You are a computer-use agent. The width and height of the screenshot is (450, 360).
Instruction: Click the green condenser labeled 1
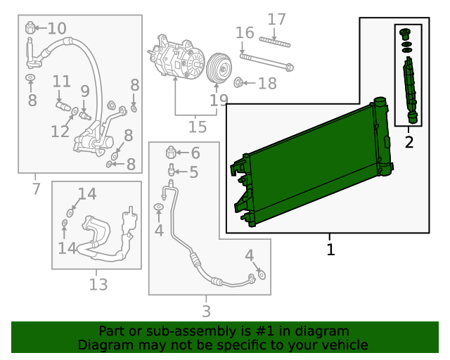pyautogui.click(x=309, y=165)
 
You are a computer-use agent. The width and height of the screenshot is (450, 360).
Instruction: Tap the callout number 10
pyautogui.click(x=56, y=29)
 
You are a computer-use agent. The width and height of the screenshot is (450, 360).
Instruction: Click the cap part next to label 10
pyautogui.click(x=31, y=27)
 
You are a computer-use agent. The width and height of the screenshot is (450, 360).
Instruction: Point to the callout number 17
pyautogui.click(x=277, y=19)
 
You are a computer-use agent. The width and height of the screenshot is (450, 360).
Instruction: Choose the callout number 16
pyautogui.click(x=245, y=33)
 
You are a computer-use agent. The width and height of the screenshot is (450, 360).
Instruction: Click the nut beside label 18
pyautogui.click(x=238, y=84)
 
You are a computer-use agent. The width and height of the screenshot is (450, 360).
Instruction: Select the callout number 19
pyautogui.click(x=219, y=100)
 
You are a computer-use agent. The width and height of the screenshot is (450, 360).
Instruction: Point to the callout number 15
pyautogui.click(x=198, y=127)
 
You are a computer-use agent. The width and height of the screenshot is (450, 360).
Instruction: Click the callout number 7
pyautogui.click(x=36, y=188)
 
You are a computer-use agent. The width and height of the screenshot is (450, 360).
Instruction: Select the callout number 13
pyautogui.click(x=98, y=285)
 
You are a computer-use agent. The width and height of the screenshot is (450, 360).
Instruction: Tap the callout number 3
pyautogui.click(x=206, y=311)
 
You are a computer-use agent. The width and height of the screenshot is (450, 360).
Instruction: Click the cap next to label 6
pyautogui.click(x=172, y=153)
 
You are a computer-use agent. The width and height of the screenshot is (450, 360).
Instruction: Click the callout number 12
pyautogui.click(x=59, y=131)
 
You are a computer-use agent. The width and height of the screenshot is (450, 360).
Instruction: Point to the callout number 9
pyautogui.click(x=85, y=91)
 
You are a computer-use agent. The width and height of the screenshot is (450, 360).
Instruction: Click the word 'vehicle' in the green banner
pyautogui.click(x=342, y=345)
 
